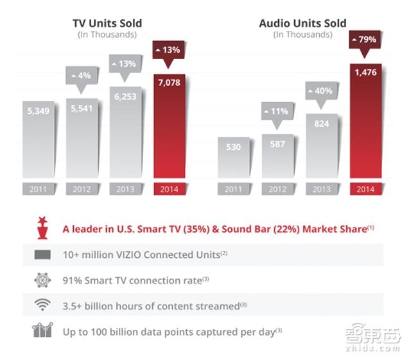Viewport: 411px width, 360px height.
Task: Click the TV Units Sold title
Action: click(x=107, y=23)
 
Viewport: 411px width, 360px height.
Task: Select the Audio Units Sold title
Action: click(x=302, y=23)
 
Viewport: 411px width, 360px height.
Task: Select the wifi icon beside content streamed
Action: click(x=40, y=305)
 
